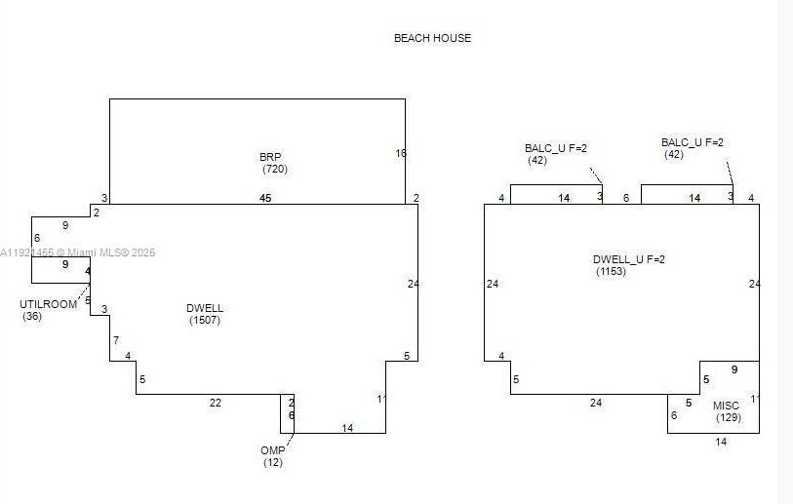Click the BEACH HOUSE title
[x=432, y=38]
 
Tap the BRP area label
[x=270, y=157]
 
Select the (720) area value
[x=275, y=170]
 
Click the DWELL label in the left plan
[x=205, y=308]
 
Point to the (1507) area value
[x=206, y=320]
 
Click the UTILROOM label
[x=48, y=304]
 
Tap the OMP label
[x=272, y=450]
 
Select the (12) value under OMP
[x=273, y=462]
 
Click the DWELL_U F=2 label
[x=630, y=259]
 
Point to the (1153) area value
[x=612, y=271]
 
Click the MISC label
[x=726, y=406]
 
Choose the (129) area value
[x=729, y=418]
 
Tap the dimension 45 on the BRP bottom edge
[x=265, y=198]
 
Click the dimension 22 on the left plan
[x=216, y=403]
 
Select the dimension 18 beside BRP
[x=401, y=153]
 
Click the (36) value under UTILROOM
[x=32, y=316]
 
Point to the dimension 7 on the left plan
[x=115, y=340]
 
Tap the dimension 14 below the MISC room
[x=721, y=443]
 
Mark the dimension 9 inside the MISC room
[x=734, y=369]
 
